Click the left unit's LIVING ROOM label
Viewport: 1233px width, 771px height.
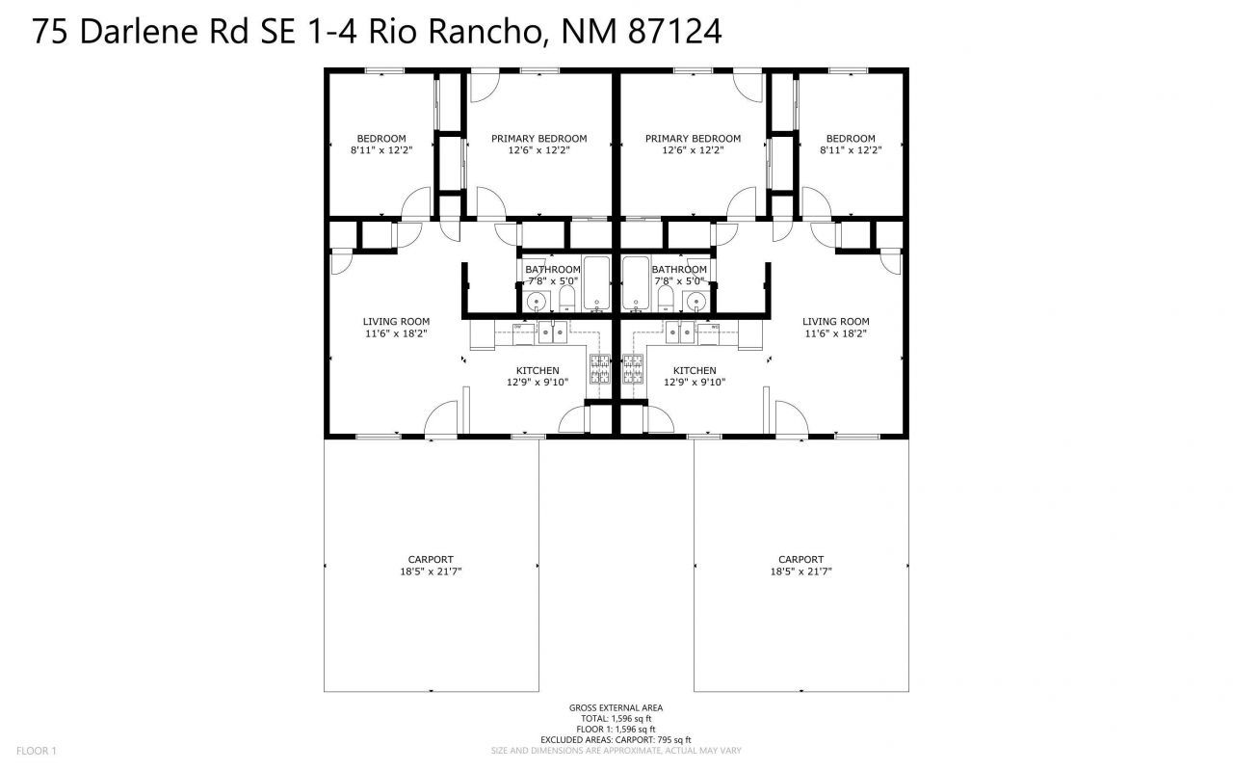coord(396,322)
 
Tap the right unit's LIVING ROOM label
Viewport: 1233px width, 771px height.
coord(835,322)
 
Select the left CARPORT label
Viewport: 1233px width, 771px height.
coord(431,560)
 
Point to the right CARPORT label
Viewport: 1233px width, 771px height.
coord(800,560)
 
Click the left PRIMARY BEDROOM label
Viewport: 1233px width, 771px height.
coord(538,139)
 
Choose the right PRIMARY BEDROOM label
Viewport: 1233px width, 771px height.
coord(693,139)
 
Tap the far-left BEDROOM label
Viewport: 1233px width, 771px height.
coord(381,139)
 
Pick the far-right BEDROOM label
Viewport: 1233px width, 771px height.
coord(851,139)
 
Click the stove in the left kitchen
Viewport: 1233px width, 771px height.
coord(600,369)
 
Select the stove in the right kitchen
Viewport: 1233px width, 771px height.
coord(633,369)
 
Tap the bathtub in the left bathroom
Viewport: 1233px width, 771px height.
coord(596,283)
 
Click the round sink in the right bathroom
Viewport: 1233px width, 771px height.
coord(696,302)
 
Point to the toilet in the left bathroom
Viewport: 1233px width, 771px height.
coord(567,299)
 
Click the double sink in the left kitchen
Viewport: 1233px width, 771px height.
coord(553,332)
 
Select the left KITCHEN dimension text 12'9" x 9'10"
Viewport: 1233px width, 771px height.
coord(538,383)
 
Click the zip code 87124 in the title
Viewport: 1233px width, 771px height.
coord(675,32)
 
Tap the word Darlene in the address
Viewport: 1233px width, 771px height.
coord(140,32)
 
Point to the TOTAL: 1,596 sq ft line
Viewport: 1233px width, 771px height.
coord(616,719)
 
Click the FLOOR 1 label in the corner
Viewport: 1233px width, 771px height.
coord(37,751)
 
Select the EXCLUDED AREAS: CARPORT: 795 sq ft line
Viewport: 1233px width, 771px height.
coord(616,740)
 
